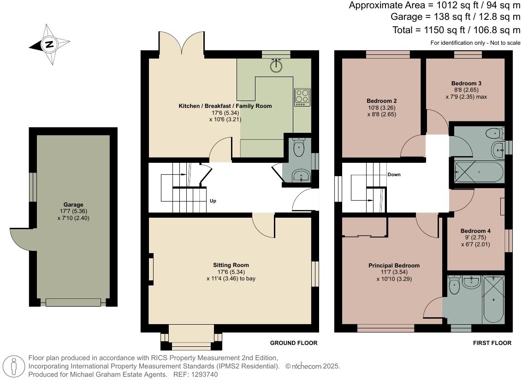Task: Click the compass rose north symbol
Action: [x=49, y=45]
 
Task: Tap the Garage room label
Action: [x=73, y=205]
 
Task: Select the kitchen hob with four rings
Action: [x=302, y=97]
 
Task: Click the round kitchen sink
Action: [x=276, y=65]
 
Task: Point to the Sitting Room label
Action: [x=231, y=265]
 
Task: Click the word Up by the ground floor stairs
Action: [x=213, y=201]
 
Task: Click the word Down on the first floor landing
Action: [x=394, y=175]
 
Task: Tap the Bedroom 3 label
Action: [x=466, y=83]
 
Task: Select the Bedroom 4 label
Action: [x=475, y=231]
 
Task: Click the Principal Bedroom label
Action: [x=394, y=266]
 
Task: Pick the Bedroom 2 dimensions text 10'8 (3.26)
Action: [x=382, y=107]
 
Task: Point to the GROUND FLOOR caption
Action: [x=293, y=343]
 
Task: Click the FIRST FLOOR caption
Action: [x=492, y=343]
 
